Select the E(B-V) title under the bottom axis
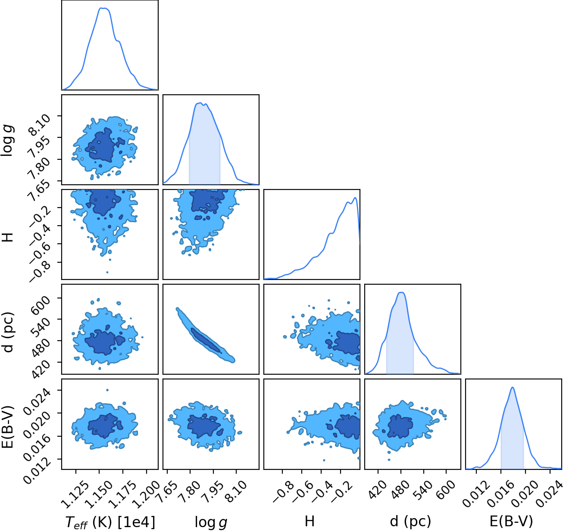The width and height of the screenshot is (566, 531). click(x=511, y=522)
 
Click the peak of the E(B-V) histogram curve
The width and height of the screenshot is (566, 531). click(x=513, y=387)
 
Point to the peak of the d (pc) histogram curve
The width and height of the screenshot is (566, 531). click(x=401, y=292)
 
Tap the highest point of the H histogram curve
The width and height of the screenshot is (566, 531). click(x=355, y=198)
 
